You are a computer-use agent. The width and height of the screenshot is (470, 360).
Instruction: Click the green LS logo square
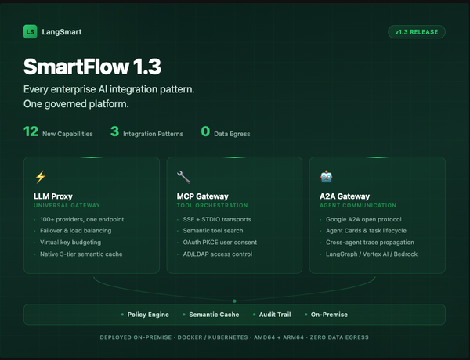click(30, 32)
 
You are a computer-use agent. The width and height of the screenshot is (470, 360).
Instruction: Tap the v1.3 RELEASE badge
click(417, 32)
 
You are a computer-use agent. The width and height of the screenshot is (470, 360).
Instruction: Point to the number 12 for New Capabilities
click(31, 132)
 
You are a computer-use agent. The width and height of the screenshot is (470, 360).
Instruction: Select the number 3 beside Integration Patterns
click(114, 132)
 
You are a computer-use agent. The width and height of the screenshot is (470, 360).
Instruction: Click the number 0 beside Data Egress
click(205, 132)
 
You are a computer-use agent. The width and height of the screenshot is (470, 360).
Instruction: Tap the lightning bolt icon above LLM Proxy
click(41, 177)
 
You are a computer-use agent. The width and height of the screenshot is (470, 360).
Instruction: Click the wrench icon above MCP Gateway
click(184, 177)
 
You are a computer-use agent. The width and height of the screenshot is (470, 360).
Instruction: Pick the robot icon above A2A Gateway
click(327, 177)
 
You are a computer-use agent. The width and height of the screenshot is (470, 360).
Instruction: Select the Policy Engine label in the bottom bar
click(148, 315)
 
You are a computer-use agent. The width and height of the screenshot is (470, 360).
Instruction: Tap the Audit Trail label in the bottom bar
click(274, 315)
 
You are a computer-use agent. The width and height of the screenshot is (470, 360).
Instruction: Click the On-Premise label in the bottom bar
click(328, 315)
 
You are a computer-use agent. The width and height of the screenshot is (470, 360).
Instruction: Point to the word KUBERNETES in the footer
click(228, 337)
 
